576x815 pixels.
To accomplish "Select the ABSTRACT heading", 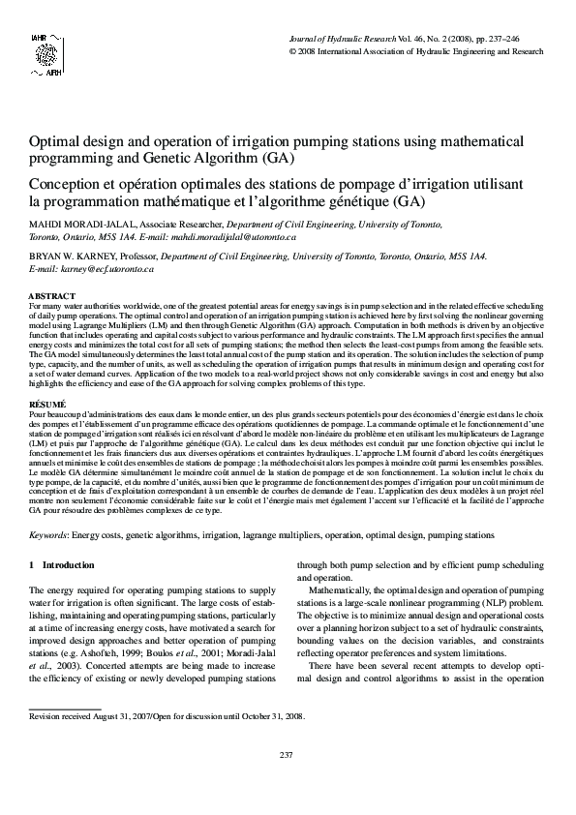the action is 52,294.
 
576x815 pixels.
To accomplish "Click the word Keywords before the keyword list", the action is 48,534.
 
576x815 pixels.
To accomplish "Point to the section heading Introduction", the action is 69,565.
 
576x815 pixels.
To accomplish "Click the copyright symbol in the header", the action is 294,50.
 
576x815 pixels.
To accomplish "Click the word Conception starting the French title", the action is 70,181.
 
